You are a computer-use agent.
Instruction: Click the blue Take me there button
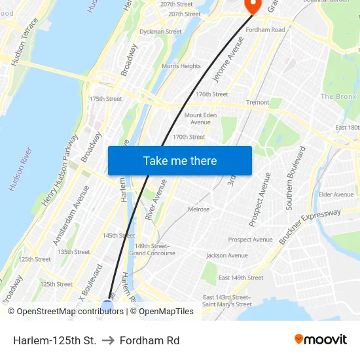pos(180,160)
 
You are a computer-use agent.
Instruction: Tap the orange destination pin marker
pos(252,5)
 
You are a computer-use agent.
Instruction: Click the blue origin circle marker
pos(108,305)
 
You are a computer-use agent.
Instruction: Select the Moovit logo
pos(320,340)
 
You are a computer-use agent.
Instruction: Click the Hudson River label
pos(19,170)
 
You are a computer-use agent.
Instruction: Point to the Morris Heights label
pos(181,66)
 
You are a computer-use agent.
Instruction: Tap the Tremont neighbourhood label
pos(257,103)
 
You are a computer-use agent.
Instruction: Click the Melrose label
pos(198,209)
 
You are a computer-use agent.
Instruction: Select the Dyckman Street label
pos(160,31)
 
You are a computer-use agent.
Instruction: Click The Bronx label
pos(338,97)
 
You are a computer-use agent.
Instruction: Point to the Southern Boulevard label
pos(295,178)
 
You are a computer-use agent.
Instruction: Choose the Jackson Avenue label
pos(227,255)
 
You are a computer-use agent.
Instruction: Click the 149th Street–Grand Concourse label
pos(152,249)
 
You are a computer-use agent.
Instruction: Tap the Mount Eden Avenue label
pos(200,118)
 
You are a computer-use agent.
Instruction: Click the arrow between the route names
pos(108,340)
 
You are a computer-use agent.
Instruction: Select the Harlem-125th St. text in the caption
pos(54,340)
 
